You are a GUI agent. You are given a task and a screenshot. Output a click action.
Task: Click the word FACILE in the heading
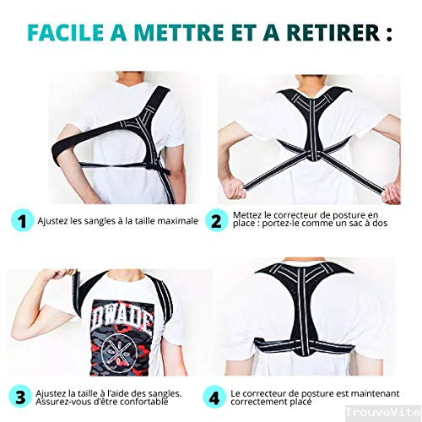pos(66,33)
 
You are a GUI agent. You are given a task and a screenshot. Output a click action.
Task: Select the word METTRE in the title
pos(178,33)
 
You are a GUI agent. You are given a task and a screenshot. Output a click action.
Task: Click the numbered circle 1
pos(22,221)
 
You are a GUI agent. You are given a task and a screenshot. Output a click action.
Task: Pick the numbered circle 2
pos(216,221)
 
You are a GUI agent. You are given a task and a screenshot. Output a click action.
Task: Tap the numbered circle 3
pos(20,397)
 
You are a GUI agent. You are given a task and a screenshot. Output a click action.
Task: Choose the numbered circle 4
pos(214,397)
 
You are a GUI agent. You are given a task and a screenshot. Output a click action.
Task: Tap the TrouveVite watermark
pos(383,413)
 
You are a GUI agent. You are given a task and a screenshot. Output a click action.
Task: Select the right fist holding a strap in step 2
pos(392,192)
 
